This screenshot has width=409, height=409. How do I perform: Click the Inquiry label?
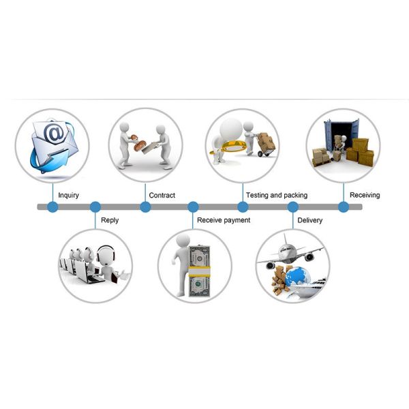(x=68, y=196)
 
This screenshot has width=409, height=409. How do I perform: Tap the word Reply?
(x=109, y=220)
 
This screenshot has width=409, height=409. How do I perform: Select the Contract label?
(x=162, y=196)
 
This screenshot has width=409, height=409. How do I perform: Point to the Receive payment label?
(x=224, y=220)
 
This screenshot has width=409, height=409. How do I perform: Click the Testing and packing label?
(x=276, y=196)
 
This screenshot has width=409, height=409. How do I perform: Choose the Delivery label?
(x=310, y=220)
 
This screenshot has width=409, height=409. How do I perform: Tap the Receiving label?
(x=365, y=196)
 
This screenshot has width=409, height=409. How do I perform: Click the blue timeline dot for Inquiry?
(x=52, y=207)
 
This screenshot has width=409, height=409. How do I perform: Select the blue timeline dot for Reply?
(x=95, y=207)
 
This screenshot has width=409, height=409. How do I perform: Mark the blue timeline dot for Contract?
(x=145, y=207)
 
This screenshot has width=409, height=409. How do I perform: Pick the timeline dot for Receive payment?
(x=193, y=207)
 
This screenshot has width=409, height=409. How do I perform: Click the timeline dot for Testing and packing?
(x=242, y=207)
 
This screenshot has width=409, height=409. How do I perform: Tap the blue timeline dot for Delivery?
(x=293, y=207)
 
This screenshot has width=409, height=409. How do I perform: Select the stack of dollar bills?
(x=200, y=269)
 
